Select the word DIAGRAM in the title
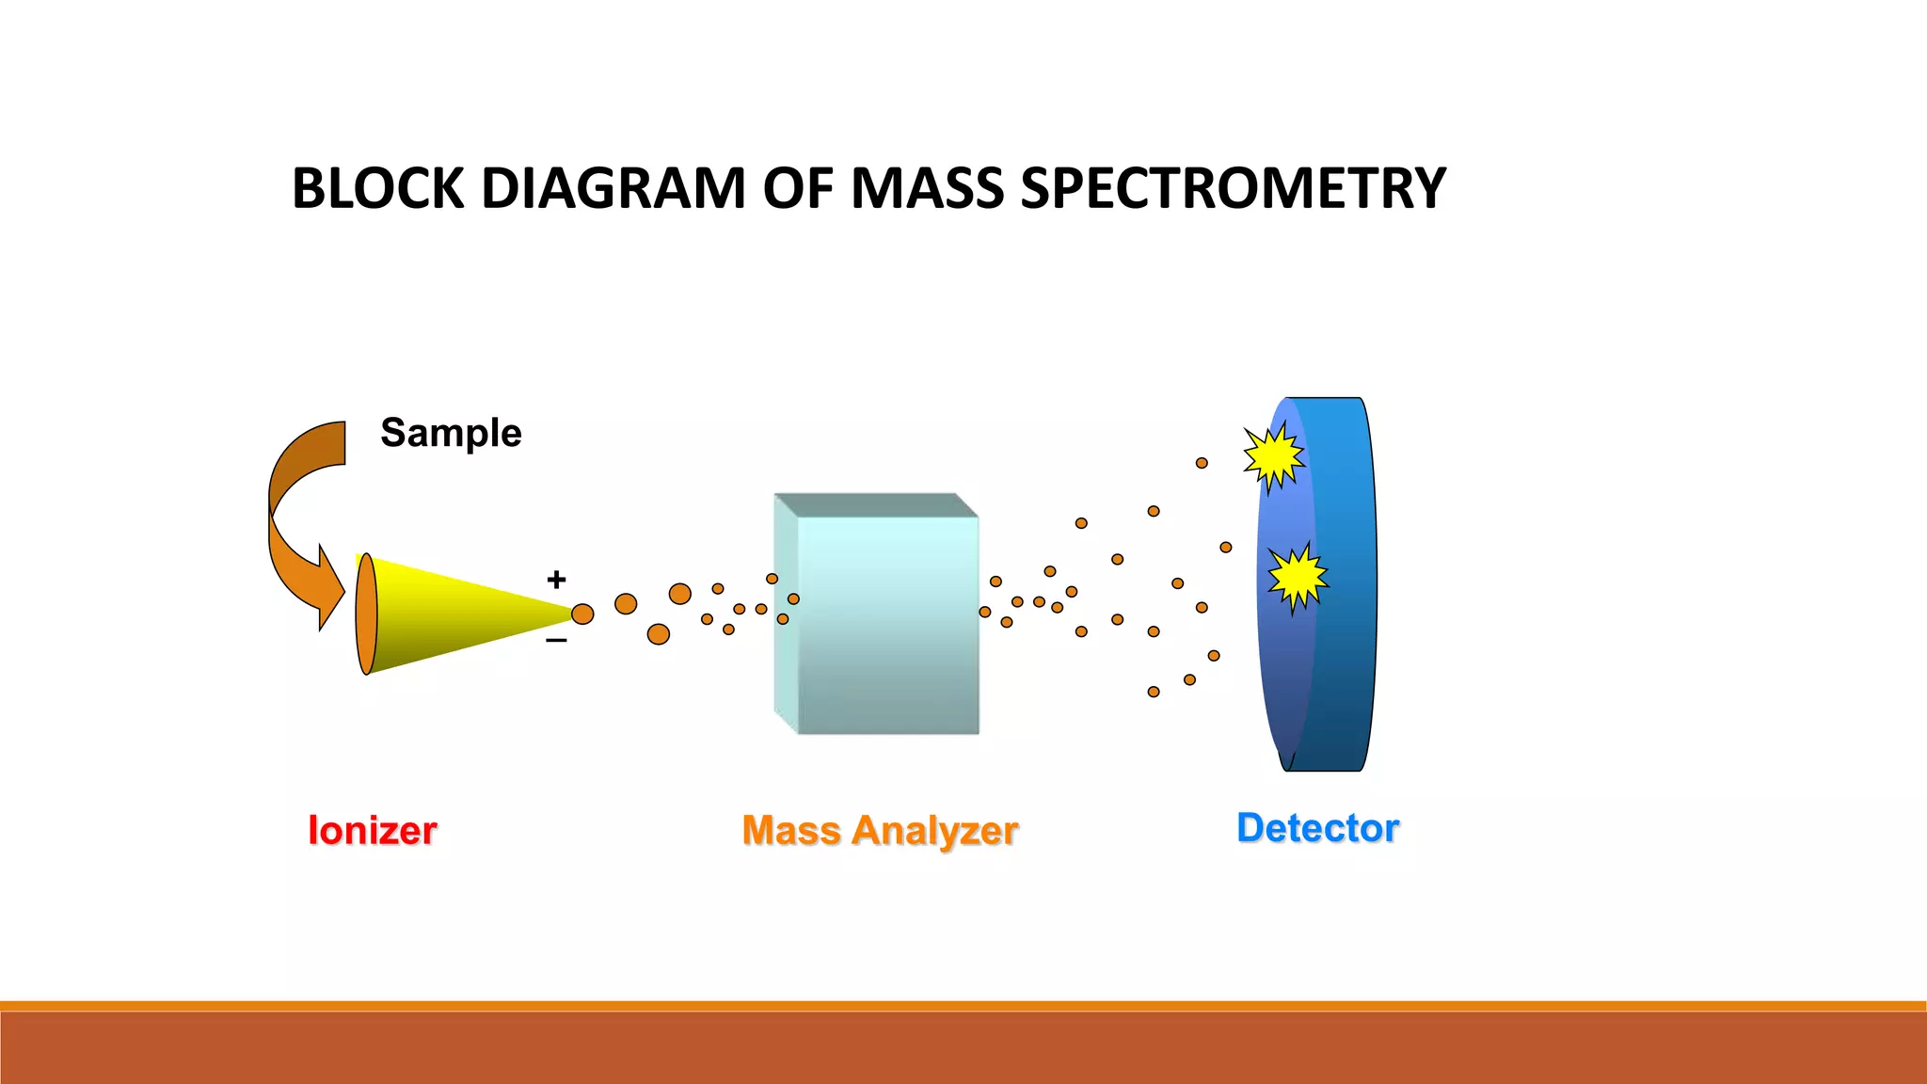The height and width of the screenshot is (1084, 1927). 613,188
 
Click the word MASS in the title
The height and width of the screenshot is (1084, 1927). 928,188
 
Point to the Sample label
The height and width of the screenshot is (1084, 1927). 451,433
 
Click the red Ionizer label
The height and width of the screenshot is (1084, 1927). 373,831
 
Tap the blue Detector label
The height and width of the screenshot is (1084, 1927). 1317,828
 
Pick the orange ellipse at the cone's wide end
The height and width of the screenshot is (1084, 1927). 366,614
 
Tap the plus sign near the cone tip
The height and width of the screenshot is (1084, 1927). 556,579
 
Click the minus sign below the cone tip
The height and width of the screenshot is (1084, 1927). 556,641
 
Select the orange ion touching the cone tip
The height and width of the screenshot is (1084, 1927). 582,614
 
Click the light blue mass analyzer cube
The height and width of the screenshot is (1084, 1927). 884,621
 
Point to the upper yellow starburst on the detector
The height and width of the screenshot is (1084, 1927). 1273,457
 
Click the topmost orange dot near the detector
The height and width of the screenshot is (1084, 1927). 1202,463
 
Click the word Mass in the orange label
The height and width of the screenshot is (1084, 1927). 790,831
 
